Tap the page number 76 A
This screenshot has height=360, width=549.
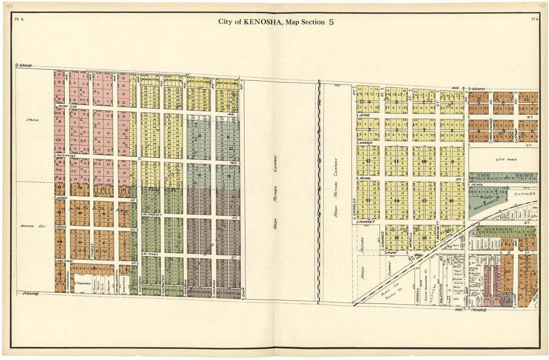click(19, 19)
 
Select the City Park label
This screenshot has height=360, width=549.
click(503, 160)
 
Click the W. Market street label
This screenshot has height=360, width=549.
click(151, 214)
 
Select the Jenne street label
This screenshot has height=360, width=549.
click(365, 115)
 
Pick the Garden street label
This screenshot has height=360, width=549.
click(366, 143)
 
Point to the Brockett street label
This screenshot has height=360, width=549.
click(438, 229)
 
